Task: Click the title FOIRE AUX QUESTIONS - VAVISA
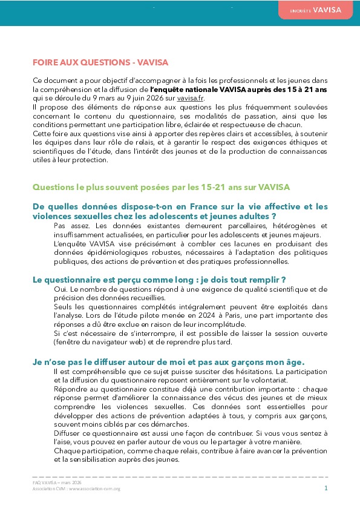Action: coord(100,62)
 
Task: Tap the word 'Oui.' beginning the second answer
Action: coord(61,290)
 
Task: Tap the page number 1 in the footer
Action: coord(326,487)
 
